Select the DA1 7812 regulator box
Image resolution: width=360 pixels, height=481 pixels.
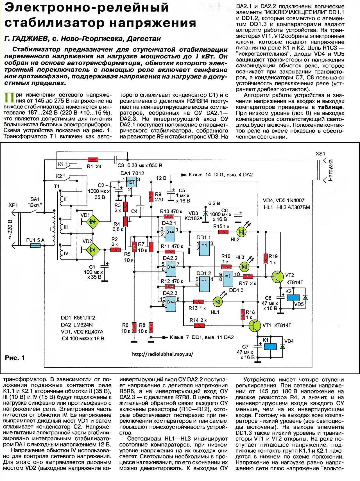coord(131,182)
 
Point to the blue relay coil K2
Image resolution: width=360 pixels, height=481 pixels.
coord(293,297)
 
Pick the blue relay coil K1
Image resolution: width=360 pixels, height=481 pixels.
coord(270,347)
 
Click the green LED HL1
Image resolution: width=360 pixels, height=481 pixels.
coord(217,302)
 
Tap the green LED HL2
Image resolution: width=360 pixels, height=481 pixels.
coord(241,232)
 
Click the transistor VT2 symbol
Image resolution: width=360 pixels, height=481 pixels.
coord(278,277)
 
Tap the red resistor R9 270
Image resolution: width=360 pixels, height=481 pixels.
coord(151,196)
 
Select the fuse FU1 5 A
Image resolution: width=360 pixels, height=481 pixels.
coord(35,246)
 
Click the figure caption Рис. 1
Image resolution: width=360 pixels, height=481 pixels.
coord(15,358)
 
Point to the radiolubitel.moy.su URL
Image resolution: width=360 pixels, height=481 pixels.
coord(162,354)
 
